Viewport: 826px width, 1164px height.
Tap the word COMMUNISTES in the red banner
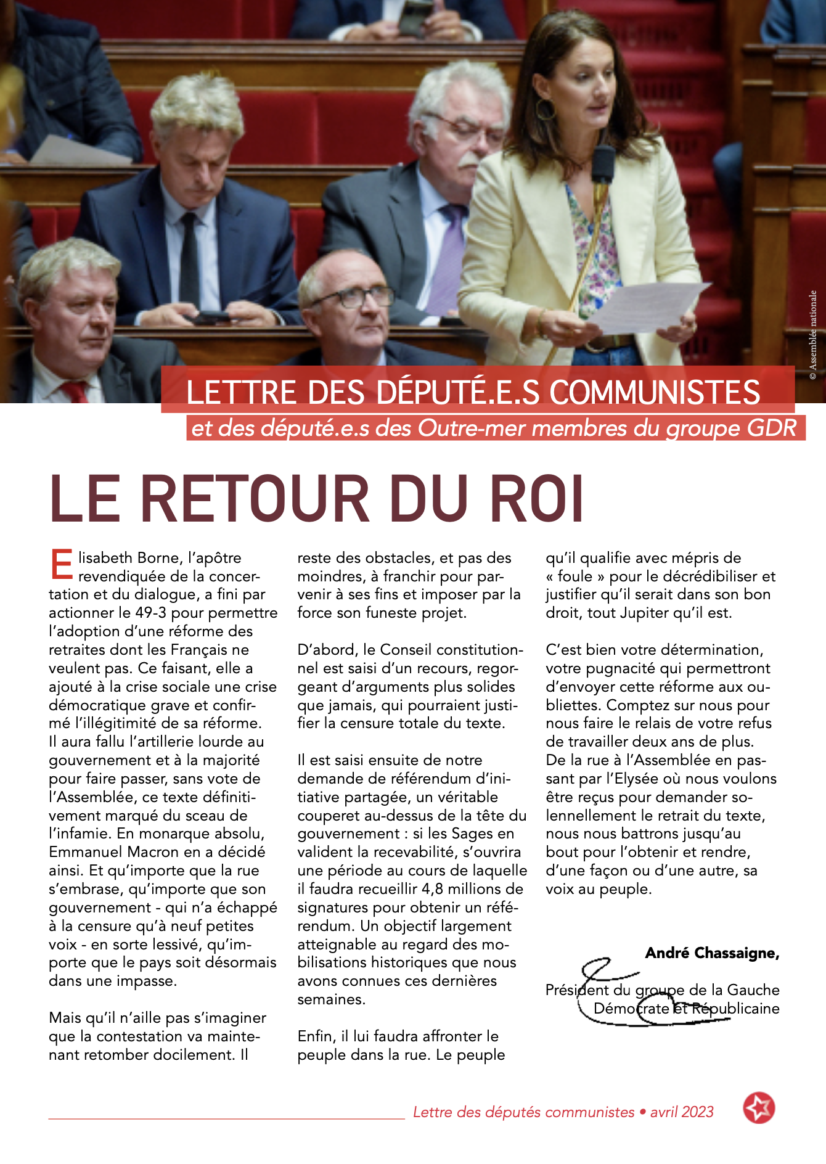[x=655, y=393]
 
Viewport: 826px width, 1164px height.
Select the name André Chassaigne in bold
[x=712, y=953]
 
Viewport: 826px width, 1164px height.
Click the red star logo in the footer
[x=759, y=1108]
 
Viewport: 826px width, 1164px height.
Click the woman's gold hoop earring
[x=544, y=109]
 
